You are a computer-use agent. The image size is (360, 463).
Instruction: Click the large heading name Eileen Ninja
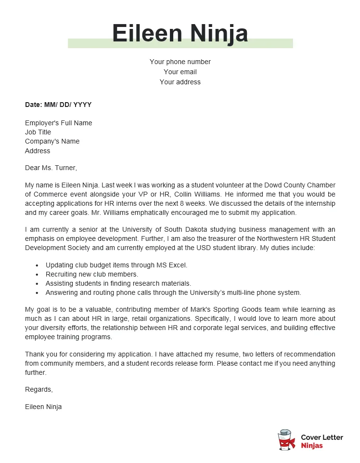click(180, 34)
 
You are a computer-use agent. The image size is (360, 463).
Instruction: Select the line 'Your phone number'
click(180, 62)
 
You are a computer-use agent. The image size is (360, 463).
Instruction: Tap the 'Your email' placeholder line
click(180, 72)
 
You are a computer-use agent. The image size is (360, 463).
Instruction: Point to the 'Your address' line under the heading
click(180, 82)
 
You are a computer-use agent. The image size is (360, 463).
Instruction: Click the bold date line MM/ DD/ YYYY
click(58, 105)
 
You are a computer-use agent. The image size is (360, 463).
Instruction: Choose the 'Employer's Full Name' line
click(58, 123)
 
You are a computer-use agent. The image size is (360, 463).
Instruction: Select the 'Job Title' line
click(38, 132)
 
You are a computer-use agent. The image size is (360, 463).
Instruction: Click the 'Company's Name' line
click(52, 141)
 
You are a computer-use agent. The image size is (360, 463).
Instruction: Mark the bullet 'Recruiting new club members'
click(91, 274)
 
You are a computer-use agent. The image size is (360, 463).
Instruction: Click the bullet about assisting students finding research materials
click(118, 283)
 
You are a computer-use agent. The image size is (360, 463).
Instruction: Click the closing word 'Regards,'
click(39, 389)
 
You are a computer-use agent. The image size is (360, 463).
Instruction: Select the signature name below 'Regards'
click(43, 407)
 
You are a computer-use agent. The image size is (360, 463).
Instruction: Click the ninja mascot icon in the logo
click(286, 440)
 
